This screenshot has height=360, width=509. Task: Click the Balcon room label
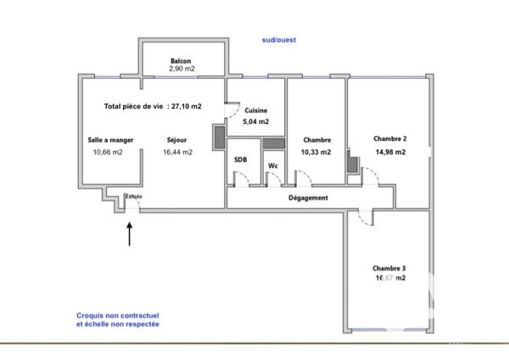coord(181,59)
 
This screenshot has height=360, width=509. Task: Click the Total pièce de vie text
coord(153,107)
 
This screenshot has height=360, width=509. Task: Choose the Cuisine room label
coord(257,111)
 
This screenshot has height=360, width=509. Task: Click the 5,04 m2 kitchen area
coord(257,123)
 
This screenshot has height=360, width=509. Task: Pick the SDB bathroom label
coord(241,160)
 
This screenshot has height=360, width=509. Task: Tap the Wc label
coord(273,166)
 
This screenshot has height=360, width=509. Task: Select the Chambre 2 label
coord(390,138)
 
